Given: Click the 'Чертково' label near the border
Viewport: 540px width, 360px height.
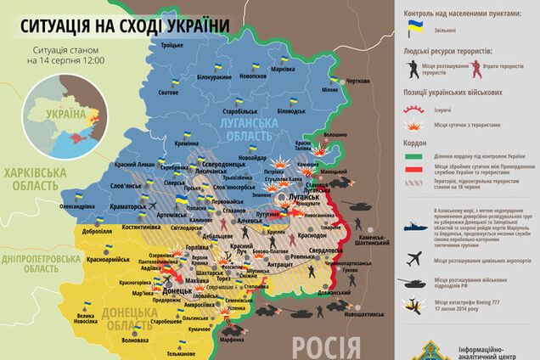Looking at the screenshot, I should [x=357, y=81].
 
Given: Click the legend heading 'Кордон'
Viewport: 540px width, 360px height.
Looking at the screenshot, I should [x=415, y=143].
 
